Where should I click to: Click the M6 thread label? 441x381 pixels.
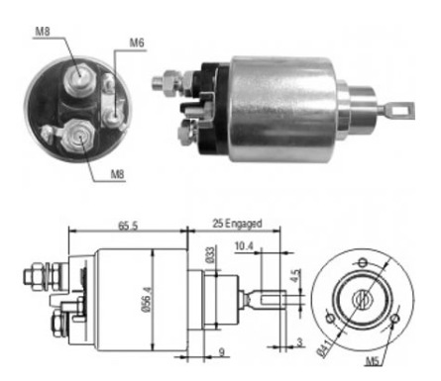[137, 43]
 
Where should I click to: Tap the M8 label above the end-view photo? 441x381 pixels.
[43, 32]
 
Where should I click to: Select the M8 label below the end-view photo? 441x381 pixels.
[117, 174]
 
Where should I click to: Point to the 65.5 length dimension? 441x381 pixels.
[128, 226]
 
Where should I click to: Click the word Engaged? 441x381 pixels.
[244, 224]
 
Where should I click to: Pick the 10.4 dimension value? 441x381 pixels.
[244, 245]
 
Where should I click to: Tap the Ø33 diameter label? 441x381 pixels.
[210, 254]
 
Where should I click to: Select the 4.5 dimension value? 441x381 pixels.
[296, 276]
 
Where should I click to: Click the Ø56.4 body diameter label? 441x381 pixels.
[148, 300]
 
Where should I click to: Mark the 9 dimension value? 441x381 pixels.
[222, 352]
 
